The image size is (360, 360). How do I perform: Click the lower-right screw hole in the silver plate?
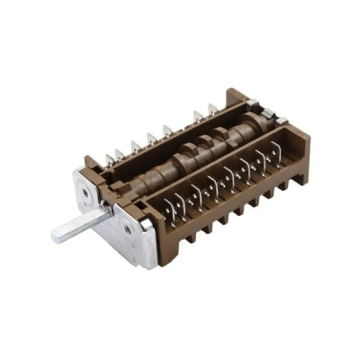(x=128, y=230)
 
